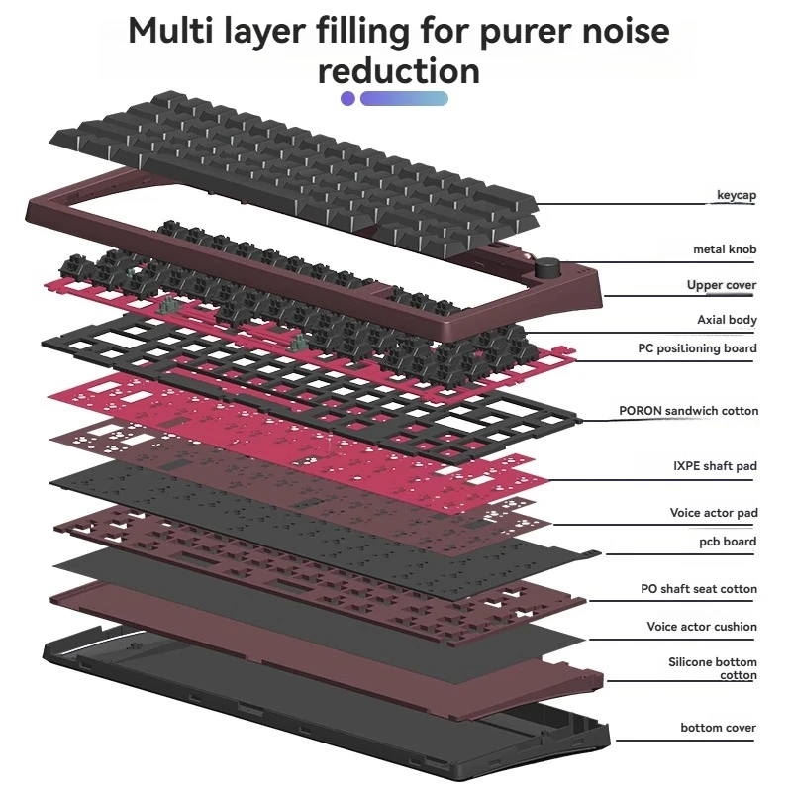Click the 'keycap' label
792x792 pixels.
pos(736,195)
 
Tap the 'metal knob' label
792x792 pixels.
pos(725,249)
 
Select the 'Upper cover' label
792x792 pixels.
pos(722,285)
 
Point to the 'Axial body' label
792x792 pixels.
pos(727,320)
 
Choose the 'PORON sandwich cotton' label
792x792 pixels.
pos(688,411)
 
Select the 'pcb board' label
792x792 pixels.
pos(728,542)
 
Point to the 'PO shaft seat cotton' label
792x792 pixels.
pos(698,589)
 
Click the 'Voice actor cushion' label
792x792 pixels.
pos(702,627)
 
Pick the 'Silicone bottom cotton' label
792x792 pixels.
pos(713,668)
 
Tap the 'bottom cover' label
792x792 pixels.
pos(718,728)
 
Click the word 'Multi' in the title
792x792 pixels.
pos(177,31)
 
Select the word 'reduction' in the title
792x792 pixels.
pos(399,71)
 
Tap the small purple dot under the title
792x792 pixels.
pos(347,98)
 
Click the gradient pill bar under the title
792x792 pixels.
pos(404,98)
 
